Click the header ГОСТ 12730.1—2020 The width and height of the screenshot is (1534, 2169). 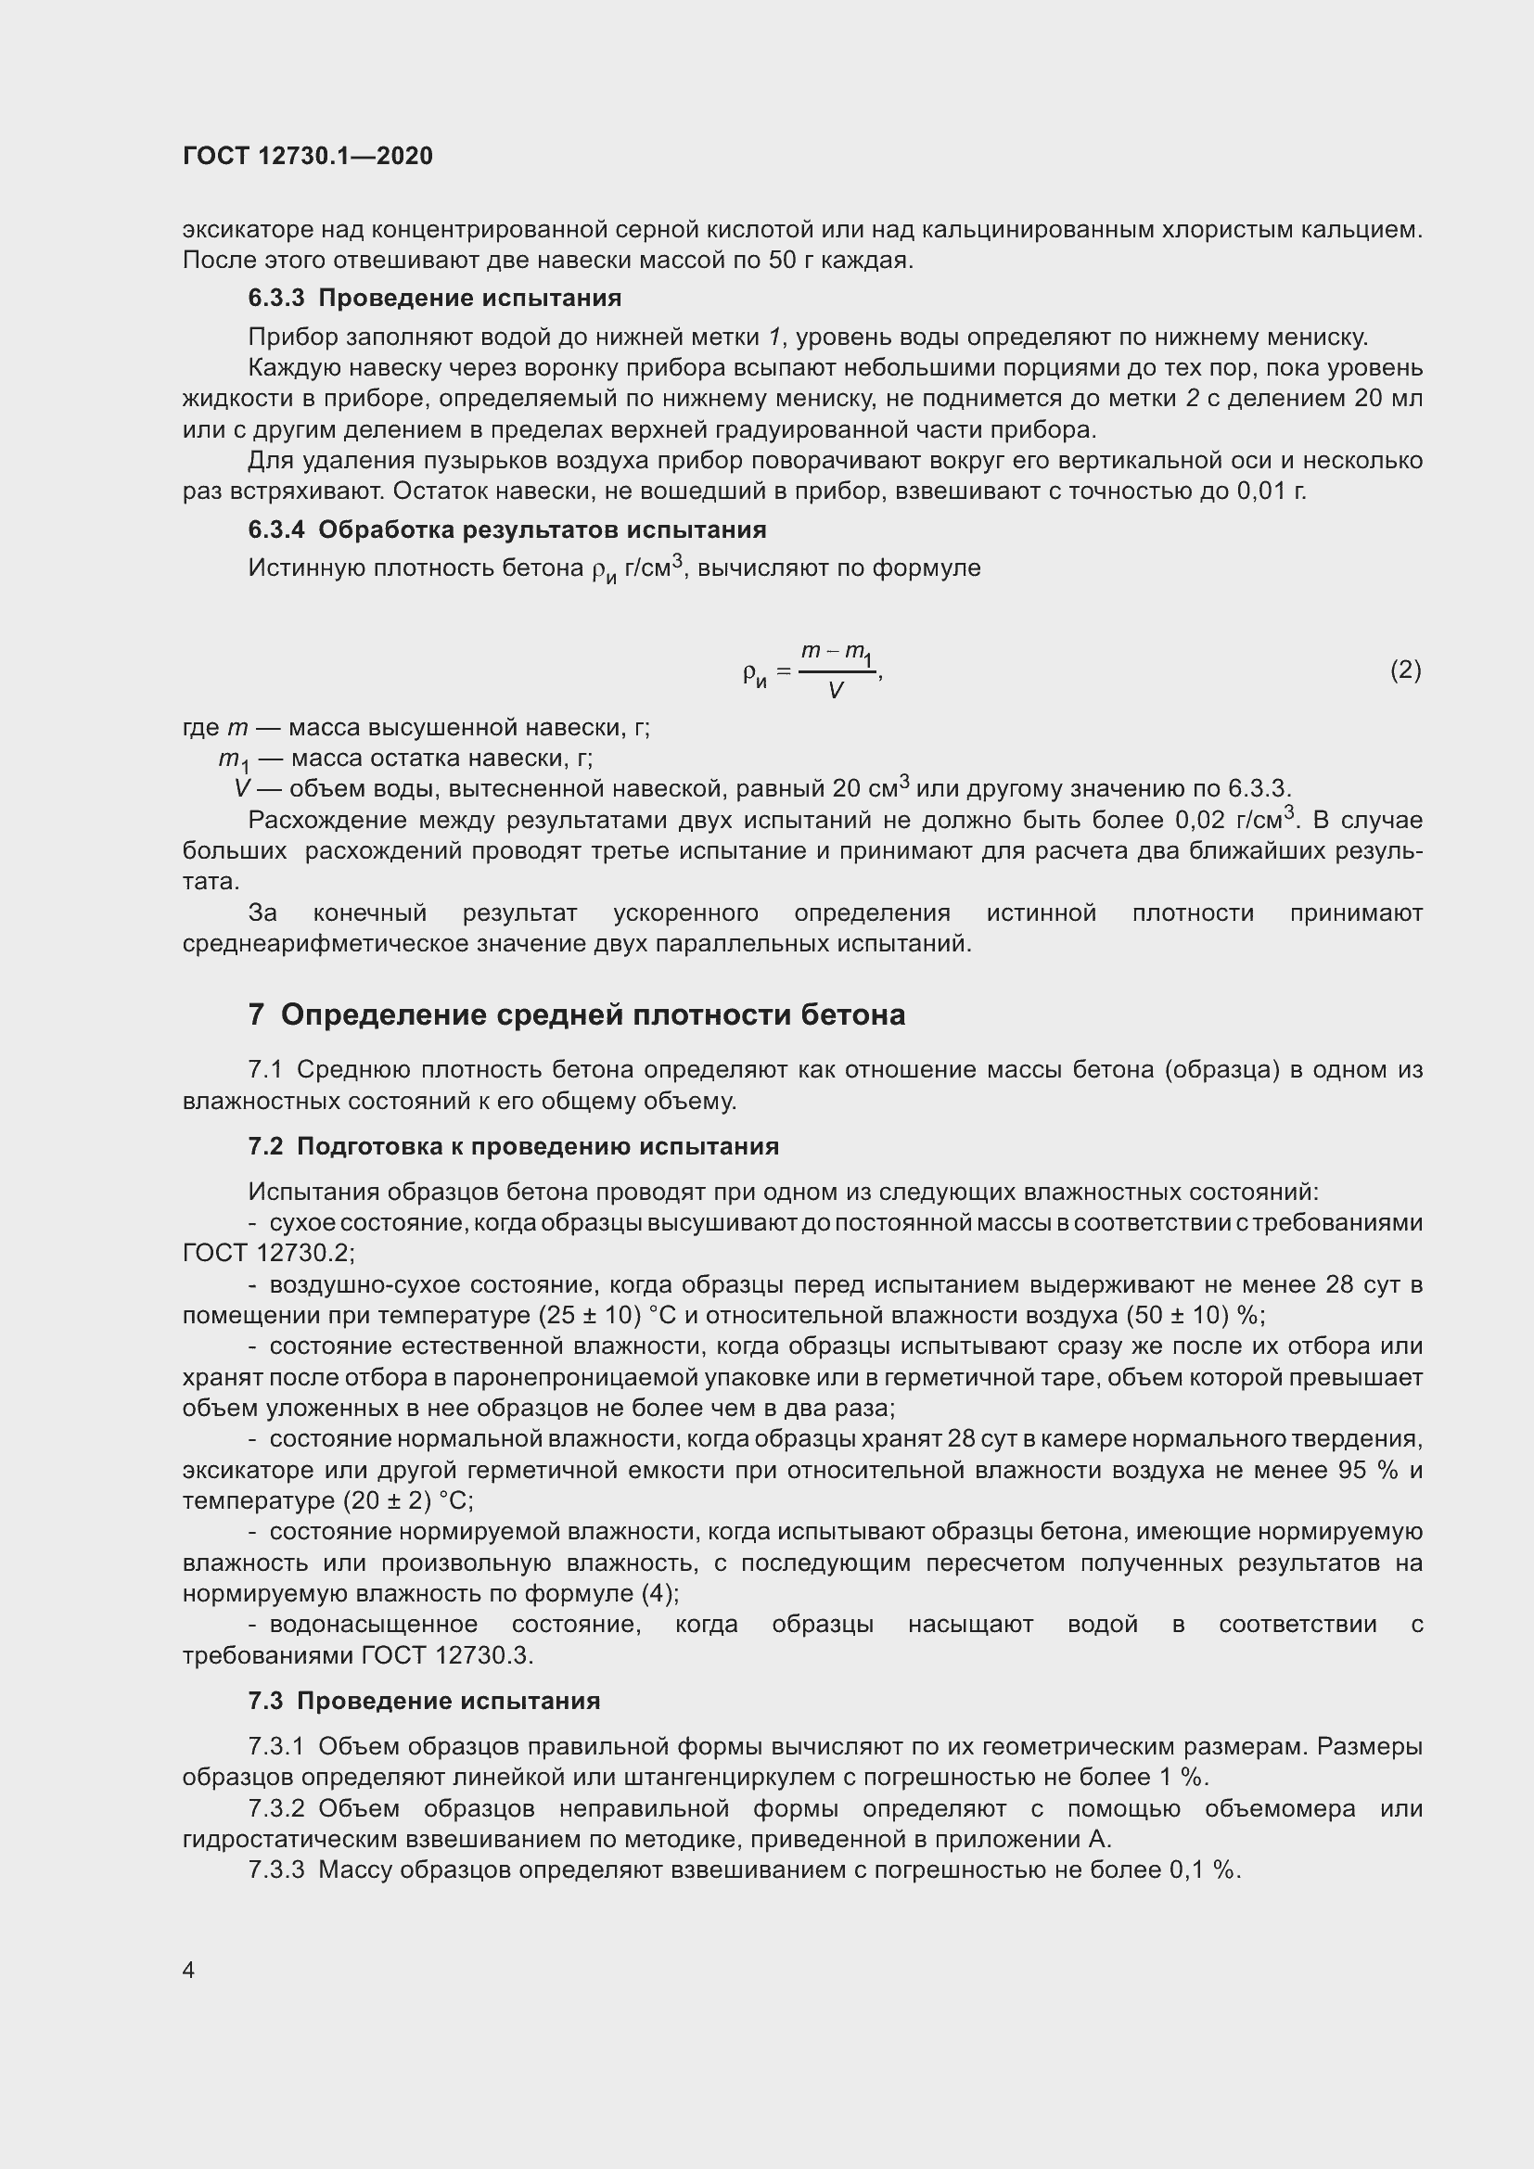point(308,157)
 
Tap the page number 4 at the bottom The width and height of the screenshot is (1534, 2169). point(189,1970)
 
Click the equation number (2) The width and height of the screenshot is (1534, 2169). point(1404,670)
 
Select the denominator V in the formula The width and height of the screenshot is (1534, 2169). point(835,692)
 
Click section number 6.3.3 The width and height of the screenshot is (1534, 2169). point(275,299)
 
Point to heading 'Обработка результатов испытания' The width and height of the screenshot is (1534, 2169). point(543,530)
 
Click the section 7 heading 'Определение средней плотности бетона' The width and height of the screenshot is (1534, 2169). point(593,1015)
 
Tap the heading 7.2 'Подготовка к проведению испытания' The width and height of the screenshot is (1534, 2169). point(538,1147)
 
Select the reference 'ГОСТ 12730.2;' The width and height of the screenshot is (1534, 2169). point(268,1254)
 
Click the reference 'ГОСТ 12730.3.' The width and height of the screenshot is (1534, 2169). point(448,1655)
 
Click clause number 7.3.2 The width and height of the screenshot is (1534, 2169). point(275,1809)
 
